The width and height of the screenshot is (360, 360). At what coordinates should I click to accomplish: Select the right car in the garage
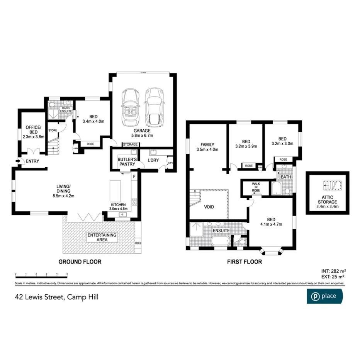pos(154,107)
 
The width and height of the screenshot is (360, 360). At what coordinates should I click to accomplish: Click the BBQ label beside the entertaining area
pos(138,243)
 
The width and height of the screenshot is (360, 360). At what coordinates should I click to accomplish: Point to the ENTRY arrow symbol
pos(17,161)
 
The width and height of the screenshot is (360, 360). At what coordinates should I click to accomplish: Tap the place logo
pos(324,296)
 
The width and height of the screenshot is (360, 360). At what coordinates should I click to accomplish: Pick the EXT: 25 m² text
pos(333,277)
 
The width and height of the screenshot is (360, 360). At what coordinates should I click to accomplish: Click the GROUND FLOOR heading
pos(80,262)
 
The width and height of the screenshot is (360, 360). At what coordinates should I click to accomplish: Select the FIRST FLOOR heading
pos(244,262)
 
